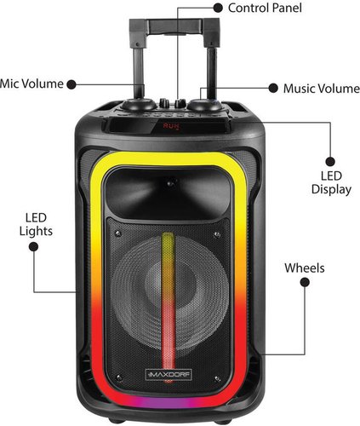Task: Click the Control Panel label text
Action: point(265,8)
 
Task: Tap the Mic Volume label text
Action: point(31,83)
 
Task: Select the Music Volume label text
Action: point(322,89)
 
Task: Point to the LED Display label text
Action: point(331,182)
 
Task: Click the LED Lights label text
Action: point(36,224)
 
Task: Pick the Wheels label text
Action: point(305,268)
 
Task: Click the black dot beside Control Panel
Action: point(218,8)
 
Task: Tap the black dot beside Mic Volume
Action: point(71,84)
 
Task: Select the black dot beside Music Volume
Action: point(273,88)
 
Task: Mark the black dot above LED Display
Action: point(330,162)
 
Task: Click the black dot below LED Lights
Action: point(33,246)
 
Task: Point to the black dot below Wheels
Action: point(305,282)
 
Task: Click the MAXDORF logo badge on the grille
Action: point(169,375)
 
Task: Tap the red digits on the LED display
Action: point(171,125)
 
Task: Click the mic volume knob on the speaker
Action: point(139,105)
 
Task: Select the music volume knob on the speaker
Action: point(205,105)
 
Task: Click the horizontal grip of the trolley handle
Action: point(174,26)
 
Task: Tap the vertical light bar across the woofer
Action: point(169,301)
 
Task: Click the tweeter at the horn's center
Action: point(170,183)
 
